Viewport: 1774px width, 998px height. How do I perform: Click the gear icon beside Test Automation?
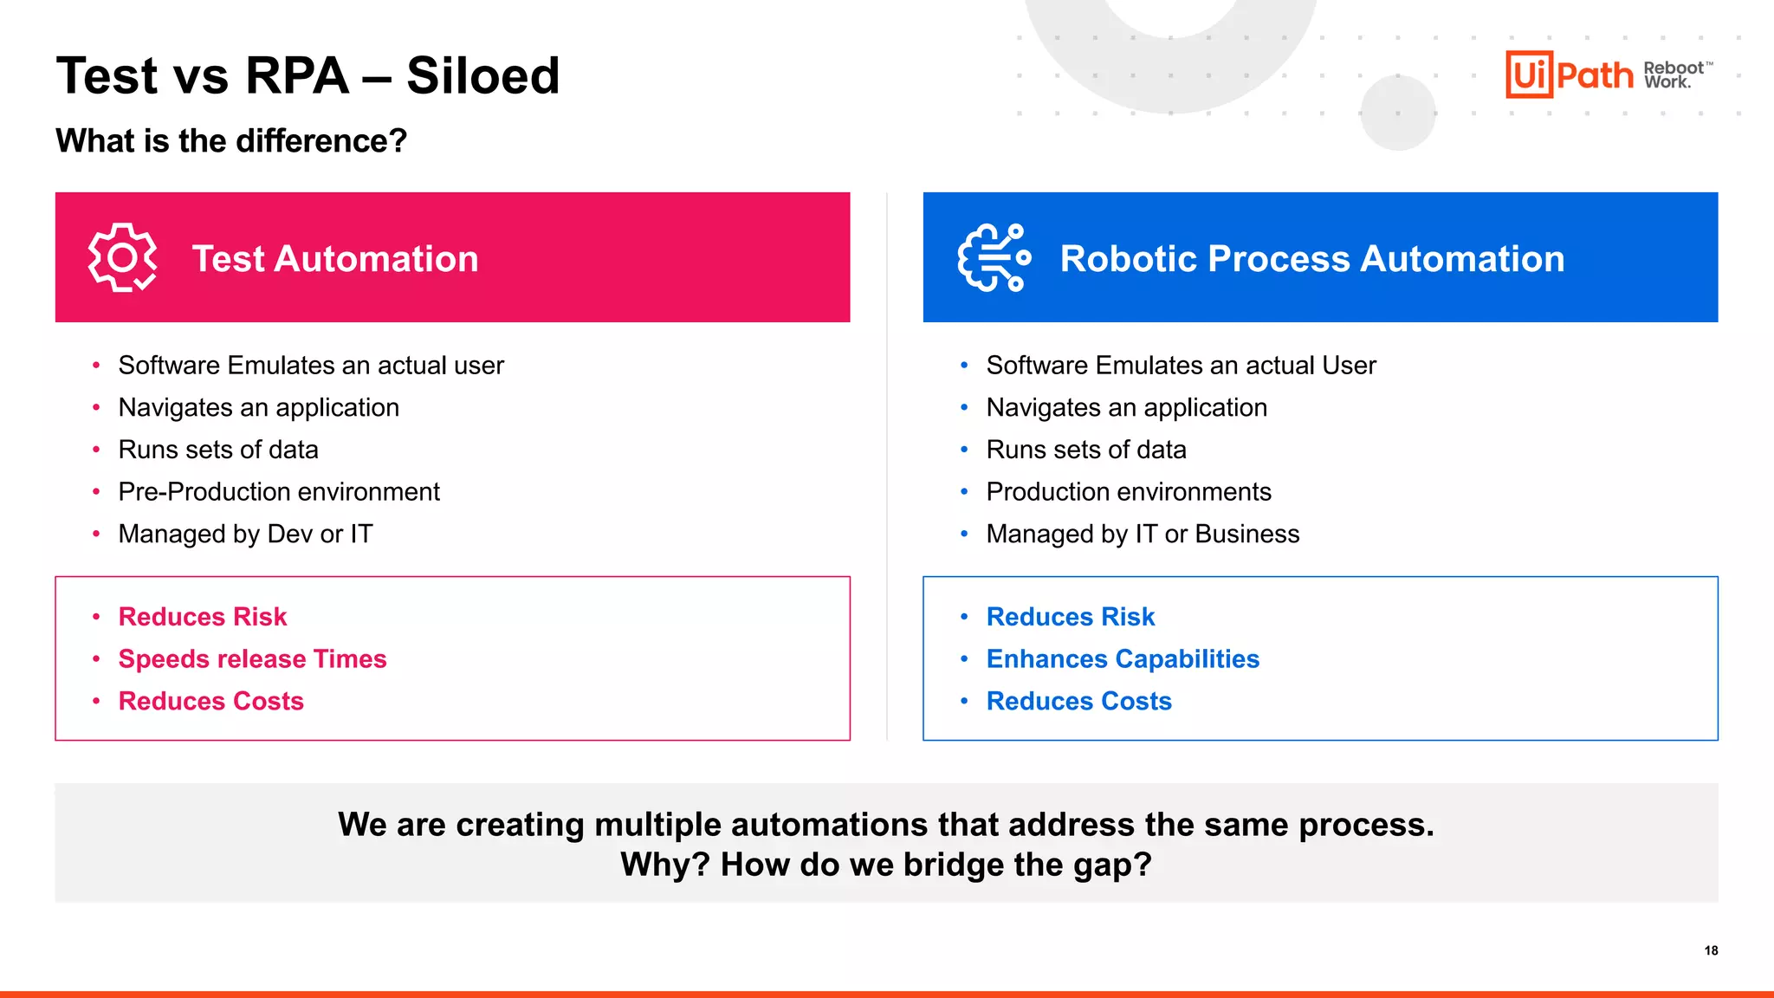(122, 257)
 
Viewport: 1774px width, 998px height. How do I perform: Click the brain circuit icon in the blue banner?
(994, 257)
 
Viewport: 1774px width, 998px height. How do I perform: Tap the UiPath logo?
(1569, 75)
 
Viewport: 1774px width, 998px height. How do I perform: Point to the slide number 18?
(1711, 950)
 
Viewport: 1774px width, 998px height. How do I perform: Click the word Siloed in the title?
(482, 75)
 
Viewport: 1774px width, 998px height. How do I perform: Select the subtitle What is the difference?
(231, 140)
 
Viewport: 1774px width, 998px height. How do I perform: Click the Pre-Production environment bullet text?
(279, 491)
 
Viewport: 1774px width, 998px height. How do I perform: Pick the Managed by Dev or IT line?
(245, 534)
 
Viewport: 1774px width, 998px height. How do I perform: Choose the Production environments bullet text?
(1129, 491)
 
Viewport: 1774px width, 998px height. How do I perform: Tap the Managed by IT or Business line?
(1143, 534)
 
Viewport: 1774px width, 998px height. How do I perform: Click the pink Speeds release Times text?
(252, 658)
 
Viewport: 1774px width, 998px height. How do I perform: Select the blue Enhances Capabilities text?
(1123, 658)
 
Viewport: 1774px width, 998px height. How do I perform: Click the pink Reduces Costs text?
(210, 701)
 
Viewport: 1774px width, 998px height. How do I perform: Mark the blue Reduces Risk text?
(1071, 616)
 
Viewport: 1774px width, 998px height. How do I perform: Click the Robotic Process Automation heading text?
(1312, 258)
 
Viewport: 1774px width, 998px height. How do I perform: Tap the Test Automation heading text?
(335, 258)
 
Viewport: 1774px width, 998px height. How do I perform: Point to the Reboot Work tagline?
(1674, 75)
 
